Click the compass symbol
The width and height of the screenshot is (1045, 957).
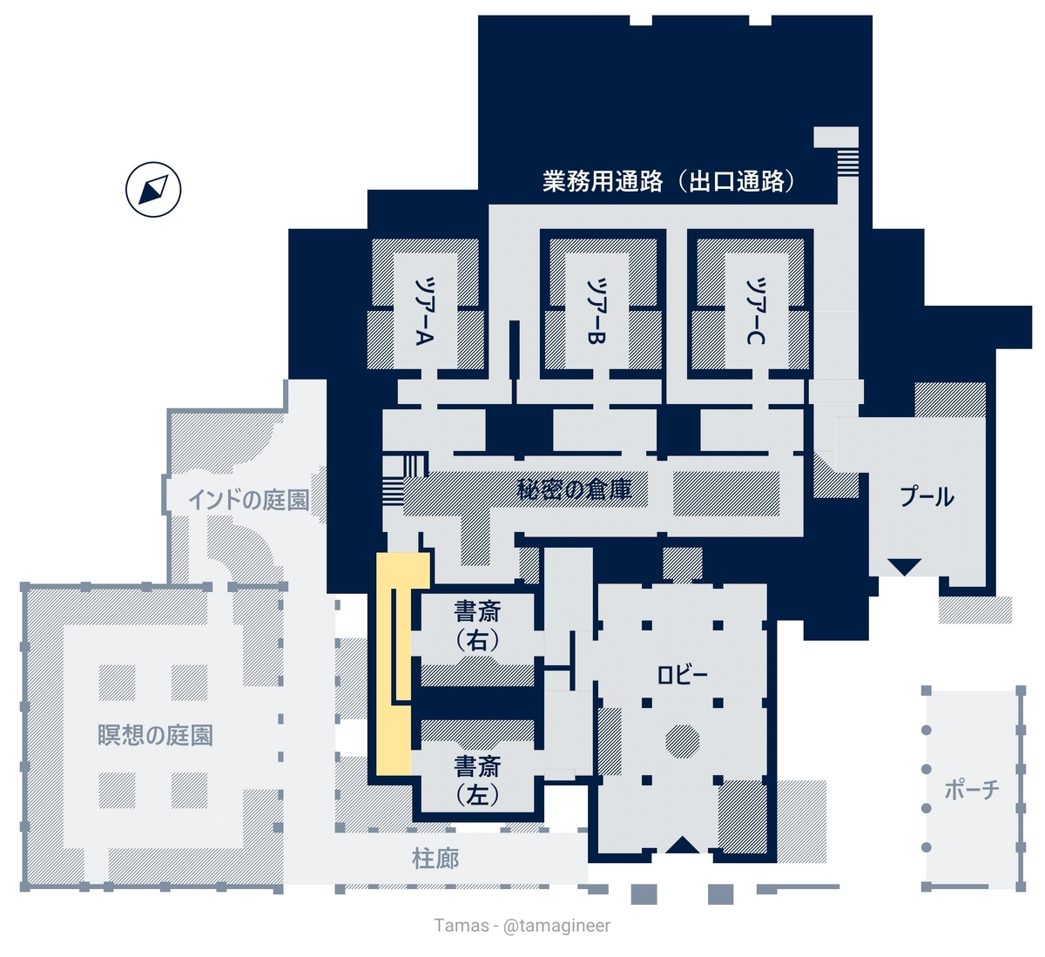point(153,190)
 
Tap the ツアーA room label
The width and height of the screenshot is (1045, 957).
point(425,312)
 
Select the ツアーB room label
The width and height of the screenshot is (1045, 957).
point(596,312)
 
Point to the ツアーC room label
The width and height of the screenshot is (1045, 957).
point(756,312)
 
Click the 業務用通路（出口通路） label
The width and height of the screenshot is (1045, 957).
point(670,181)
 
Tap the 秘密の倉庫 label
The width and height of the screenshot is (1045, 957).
point(575,489)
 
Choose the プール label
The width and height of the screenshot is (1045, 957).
point(927,496)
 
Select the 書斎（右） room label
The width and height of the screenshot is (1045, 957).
point(477,626)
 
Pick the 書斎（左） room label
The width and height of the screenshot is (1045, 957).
point(477,781)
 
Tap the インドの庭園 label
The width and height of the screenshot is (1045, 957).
point(248,500)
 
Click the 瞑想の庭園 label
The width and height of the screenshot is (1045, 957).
point(155,735)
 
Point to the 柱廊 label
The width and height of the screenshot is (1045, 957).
point(435,859)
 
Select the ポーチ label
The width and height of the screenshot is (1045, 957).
point(972,791)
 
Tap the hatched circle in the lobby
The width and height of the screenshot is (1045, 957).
point(682,741)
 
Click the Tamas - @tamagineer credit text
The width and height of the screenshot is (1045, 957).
point(522,926)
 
